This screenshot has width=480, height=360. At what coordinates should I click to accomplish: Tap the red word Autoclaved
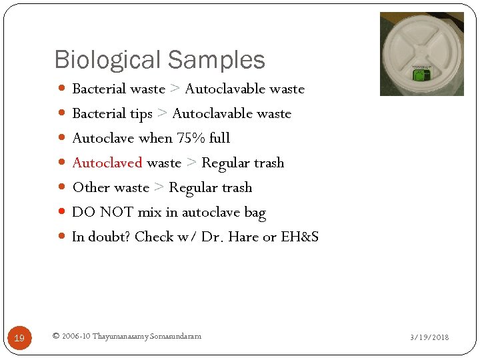point(107,163)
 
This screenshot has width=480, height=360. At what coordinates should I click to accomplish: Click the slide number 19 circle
point(19,338)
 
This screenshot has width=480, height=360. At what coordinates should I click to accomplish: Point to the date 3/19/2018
point(429,337)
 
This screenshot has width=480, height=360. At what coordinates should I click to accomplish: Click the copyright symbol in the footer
point(55,336)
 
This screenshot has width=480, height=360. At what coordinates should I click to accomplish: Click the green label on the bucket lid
point(421,74)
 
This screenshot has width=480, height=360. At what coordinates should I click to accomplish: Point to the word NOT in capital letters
point(116,212)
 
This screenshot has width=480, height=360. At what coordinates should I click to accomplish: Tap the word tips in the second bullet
point(141,114)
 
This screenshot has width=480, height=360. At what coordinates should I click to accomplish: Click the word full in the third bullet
point(219,138)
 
